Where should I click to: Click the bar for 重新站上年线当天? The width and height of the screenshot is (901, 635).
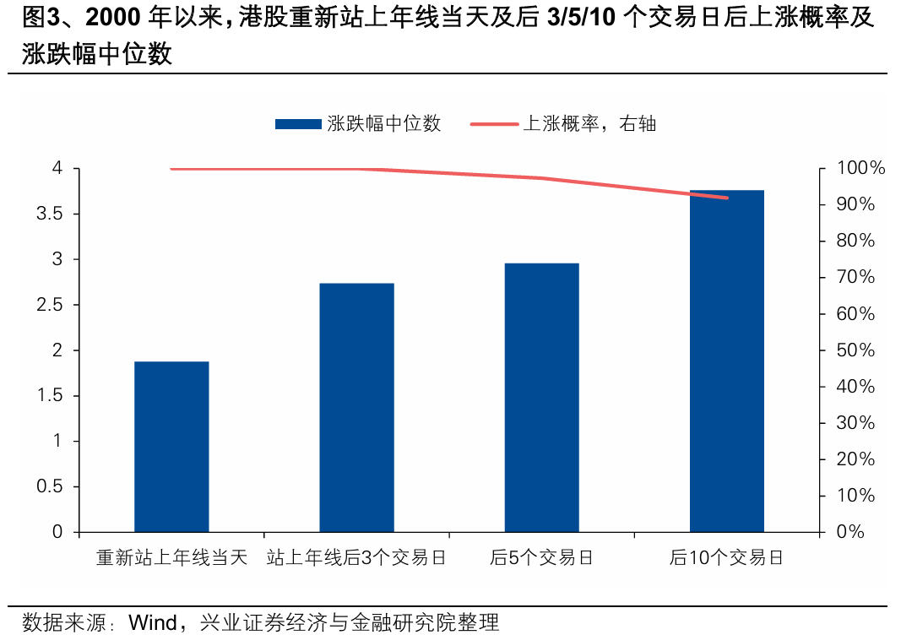pyautogui.click(x=171, y=447)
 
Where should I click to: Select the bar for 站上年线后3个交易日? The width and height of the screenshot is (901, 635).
pyautogui.click(x=356, y=407)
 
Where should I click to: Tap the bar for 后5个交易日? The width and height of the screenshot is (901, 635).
pyautogui.click(x=541, y=397)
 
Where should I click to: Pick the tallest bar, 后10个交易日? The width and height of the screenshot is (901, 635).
pyautogui.click(x=726, y=361)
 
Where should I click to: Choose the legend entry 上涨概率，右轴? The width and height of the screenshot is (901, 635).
pyautogui.click(x=589, y=123)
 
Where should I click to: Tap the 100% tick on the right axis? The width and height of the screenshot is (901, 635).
pyautogui.click(x=860, y=169)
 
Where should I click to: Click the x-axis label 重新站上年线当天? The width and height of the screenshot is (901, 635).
pyautogui.click(x=171, y=557)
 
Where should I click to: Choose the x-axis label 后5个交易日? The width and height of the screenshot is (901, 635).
pyautogui.click(x=541, y=557)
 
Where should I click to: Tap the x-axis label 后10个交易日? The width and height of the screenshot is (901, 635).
pyautogui.click(x=726, y=557)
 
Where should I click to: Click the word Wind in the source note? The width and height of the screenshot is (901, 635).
pyautogui.click(x=152, y=623)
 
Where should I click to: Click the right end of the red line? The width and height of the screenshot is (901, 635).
pyautogui.click(x=726, y=198)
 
